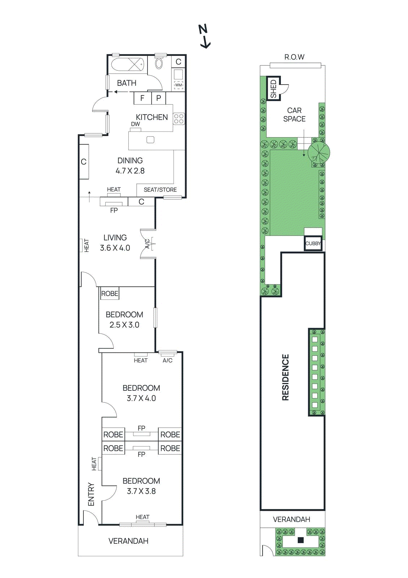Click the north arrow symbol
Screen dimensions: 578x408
click(x=205, y=36)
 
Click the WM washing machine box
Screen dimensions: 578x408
click(x=179, y=85)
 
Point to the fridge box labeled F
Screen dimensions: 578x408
click(x=142, y=98)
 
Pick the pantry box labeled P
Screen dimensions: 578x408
click(x=158, y=98)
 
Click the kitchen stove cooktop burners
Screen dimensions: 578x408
click(x=179, y=119)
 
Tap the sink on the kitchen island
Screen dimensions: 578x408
click(x=150, y=140)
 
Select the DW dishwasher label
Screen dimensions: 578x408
click(x=135, y=124)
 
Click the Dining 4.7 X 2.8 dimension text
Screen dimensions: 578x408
click(x=130, y=171)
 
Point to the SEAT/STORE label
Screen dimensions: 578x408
click(x=160, y=190)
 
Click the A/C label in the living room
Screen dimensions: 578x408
click(x=147, y=244)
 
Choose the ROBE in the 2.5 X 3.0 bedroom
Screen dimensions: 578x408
click(x=110, y=294)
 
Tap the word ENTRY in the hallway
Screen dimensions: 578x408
click(x=91, y=494)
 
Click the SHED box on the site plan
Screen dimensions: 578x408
click(x=273, y=89)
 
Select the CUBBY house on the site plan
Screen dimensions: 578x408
click(x=313, y=243)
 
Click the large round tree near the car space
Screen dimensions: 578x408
click(x=319, y=152)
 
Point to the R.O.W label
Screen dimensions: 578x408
click(x=294, y=57)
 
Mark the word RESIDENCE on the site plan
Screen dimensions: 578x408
click(x=285, y=377)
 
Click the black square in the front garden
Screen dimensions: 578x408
click(x=301, y=540)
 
